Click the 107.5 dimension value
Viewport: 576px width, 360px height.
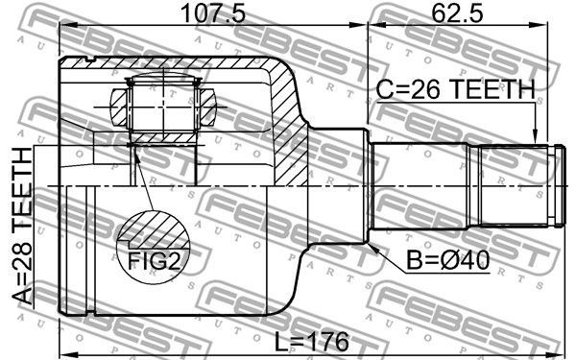click(x=213, y=12)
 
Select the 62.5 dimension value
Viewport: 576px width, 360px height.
click(x=457, y=12)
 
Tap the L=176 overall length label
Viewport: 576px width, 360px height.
click(x=312, y=342)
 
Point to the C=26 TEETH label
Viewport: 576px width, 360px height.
click(x=456, y=89)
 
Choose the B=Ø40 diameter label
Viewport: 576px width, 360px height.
click(x=447, y=260)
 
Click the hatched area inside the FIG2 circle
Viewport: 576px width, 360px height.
click(x=153, y=229)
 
